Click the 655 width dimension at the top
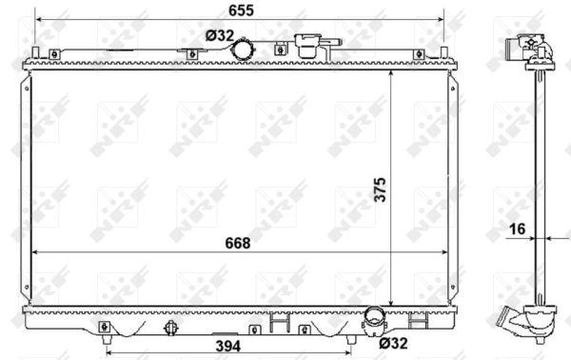tap(241, 10)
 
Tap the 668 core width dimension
tap(238, 243)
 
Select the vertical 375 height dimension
tap(380, 190)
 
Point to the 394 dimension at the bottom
tap(228, 346)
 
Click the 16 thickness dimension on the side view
tap(517, 229)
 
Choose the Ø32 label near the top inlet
tap(220, 35)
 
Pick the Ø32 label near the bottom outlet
tap(393, 343)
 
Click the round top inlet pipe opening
tap(244, 50)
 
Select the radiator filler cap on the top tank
tap(309, 46)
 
